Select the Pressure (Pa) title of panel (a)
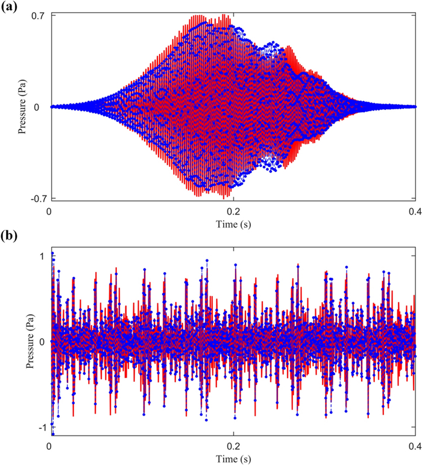click(x=22, y=107)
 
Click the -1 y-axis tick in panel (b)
click(x=40, y=427)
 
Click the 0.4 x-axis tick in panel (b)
click(x=414, y=447)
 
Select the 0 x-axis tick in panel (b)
click(x=49, y=447)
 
